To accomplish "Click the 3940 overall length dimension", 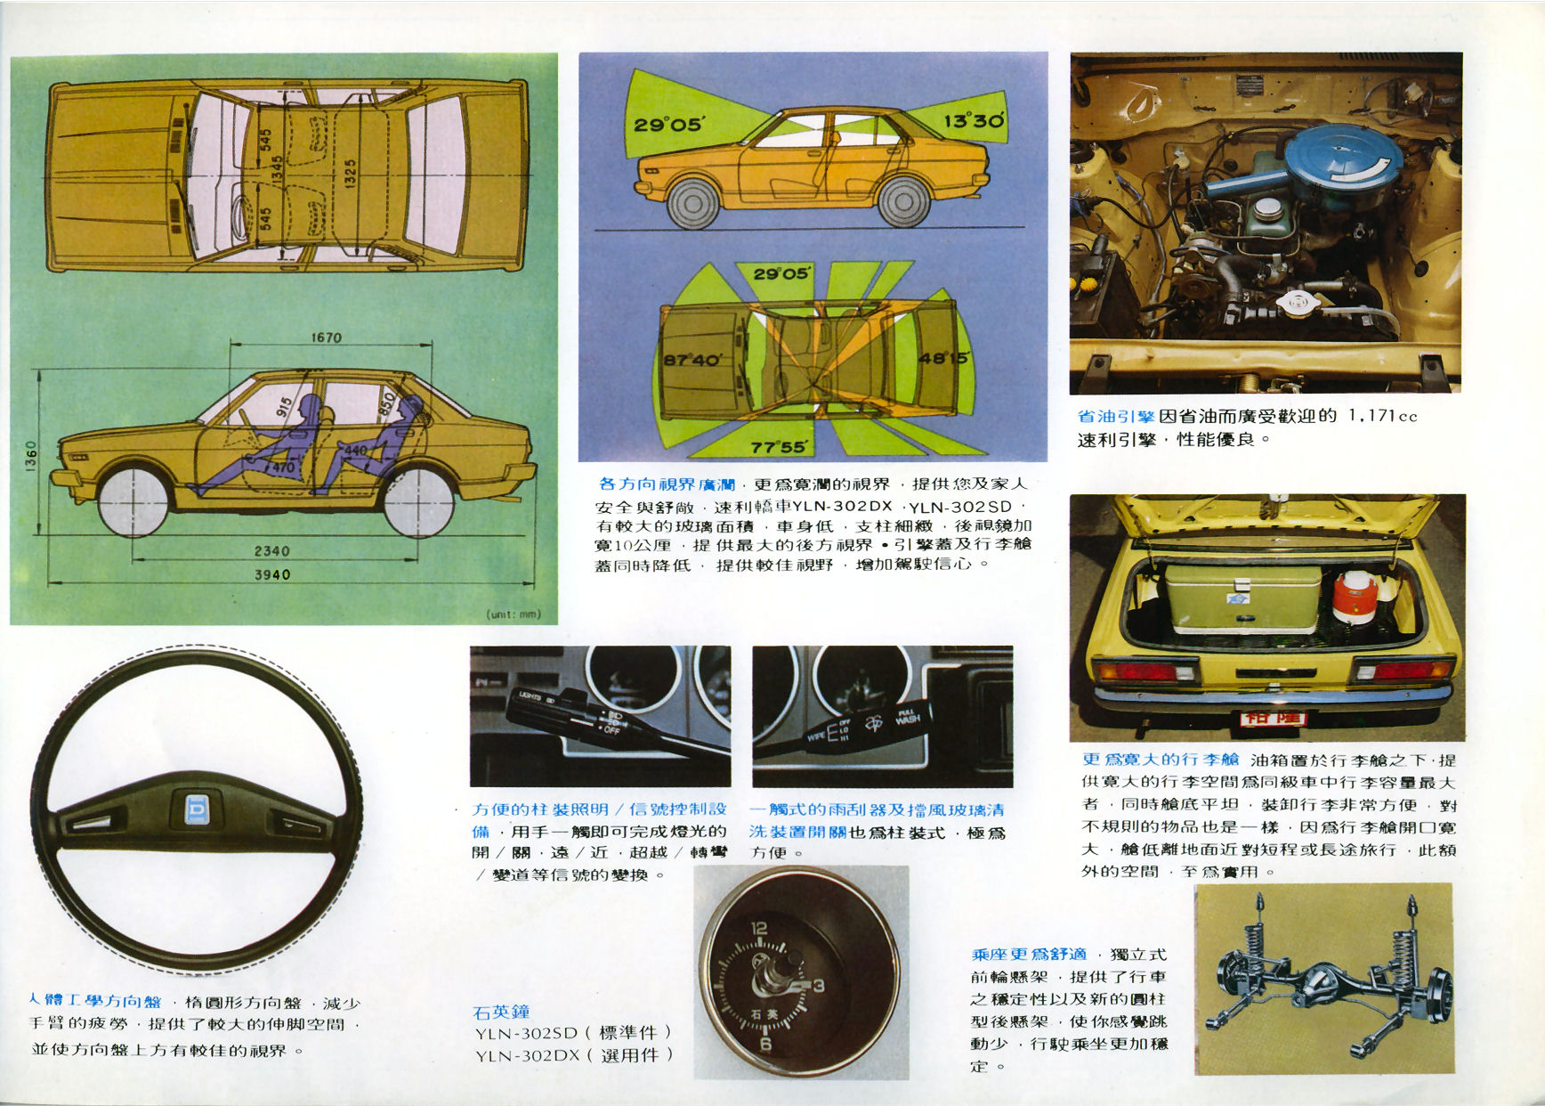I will tap(272, 575).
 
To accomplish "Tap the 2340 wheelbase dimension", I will tap(271, 551).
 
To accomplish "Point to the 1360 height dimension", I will tap(31, 458).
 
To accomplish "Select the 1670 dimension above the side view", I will tap(327, 337).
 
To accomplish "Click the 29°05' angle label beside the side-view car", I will tap(667, 125).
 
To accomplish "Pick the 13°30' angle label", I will tap(974, 120).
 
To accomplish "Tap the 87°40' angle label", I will tap(693, 360).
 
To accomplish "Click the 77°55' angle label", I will tap(779, 446).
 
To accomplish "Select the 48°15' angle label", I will tap(942, 359).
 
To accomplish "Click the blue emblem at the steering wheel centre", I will tap(196, 809).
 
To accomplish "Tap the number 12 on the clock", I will tap(758, 929).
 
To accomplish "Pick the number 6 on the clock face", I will tap(765, 1043).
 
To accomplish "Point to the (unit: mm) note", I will tap(514, 614).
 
